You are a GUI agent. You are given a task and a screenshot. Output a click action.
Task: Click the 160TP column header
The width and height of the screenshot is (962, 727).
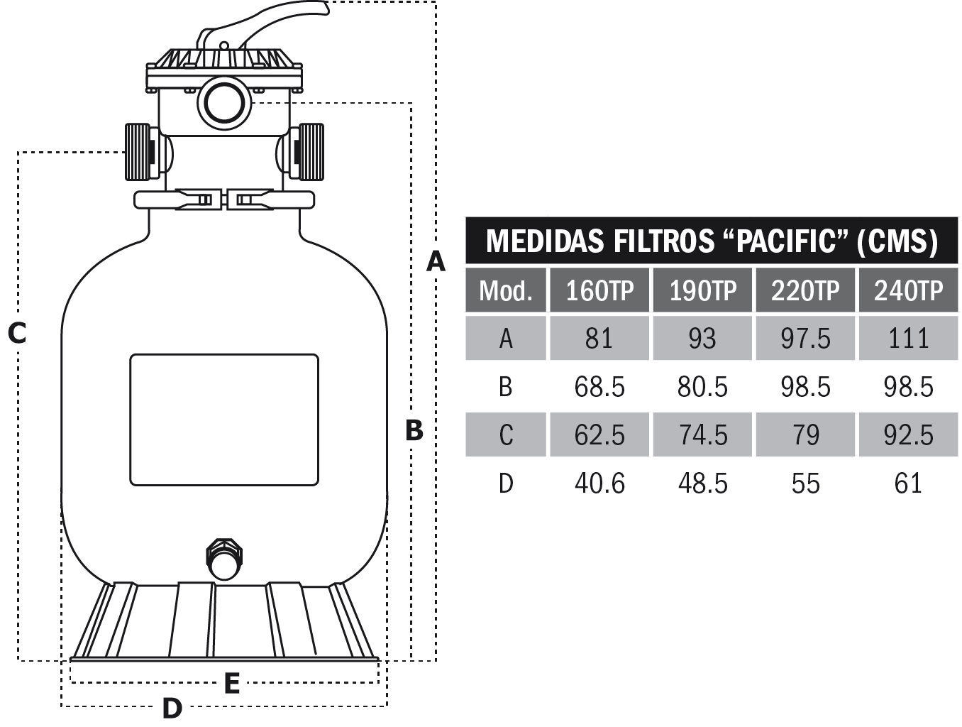pyautogui.click(x=599, y=290)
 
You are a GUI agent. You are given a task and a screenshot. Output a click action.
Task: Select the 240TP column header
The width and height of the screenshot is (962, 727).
pyautogui.click(x=908, y=290)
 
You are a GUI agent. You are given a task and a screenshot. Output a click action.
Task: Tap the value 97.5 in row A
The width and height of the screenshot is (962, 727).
pyautogui.click(x=805, y=339)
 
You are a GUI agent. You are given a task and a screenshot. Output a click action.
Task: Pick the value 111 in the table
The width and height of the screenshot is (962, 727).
pyautogui.click(x=908, y=339)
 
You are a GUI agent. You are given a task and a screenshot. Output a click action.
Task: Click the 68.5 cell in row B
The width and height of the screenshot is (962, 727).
pyautogui.click(x=599, y=387)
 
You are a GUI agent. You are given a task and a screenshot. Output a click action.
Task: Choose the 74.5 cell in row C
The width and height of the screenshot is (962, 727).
pyautogui.click(x=702, y=435)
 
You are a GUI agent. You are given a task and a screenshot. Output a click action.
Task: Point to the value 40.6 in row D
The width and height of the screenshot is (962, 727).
pyautogui.click(x=599, y=483)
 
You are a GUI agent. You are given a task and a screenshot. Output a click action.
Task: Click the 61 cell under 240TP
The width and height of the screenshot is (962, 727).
pyautogui.click(x=908, y=483)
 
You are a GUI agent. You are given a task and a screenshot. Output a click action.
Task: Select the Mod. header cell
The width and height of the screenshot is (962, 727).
pyautogui.click(x=505, y=290)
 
